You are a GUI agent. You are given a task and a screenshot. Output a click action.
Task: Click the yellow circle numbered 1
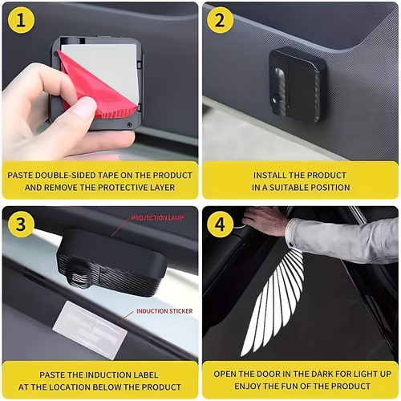(x=21, y=20)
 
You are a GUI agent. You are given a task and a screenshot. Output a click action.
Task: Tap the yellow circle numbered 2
(x=220, y=20)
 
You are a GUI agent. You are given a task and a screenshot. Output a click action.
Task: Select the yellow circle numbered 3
(x=21, y=224)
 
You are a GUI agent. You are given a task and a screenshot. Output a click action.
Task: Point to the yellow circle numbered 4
(x=220, y=224)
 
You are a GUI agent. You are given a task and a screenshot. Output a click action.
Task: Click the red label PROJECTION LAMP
(x=157, y=218)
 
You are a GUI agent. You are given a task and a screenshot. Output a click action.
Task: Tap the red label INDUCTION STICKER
(x=164, y=311)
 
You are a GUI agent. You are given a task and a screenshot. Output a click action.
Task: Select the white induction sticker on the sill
(x=90, y=330)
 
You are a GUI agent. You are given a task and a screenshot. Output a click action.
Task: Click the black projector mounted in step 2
(x=297, y=84)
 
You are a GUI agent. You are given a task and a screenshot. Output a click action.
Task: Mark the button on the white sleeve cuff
(x=291, y=244)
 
